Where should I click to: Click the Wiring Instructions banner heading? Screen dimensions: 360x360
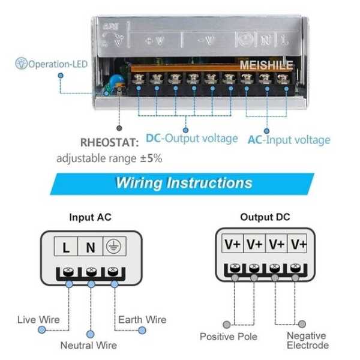point(184,182)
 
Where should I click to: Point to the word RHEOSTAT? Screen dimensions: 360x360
point(109,143)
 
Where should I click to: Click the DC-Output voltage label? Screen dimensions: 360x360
point(191,139)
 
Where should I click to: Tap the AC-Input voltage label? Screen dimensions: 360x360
point(289,140)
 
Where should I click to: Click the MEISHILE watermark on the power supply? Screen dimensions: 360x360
point(266,65)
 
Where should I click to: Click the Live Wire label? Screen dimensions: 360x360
point(38,319)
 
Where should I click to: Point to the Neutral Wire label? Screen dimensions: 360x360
point(88,345)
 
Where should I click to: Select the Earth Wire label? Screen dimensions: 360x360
point(142,319)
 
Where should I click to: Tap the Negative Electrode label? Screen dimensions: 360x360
point(307,340)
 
